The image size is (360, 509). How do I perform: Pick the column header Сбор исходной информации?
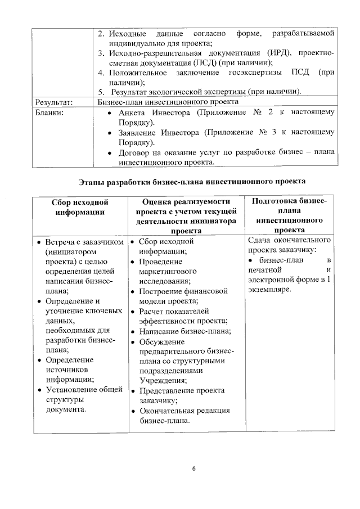coord(79,207)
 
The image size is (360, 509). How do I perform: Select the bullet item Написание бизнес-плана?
coord(185,331)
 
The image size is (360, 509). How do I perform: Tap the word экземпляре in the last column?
coord(269,290)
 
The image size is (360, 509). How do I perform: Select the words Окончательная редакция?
coord(184,411)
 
